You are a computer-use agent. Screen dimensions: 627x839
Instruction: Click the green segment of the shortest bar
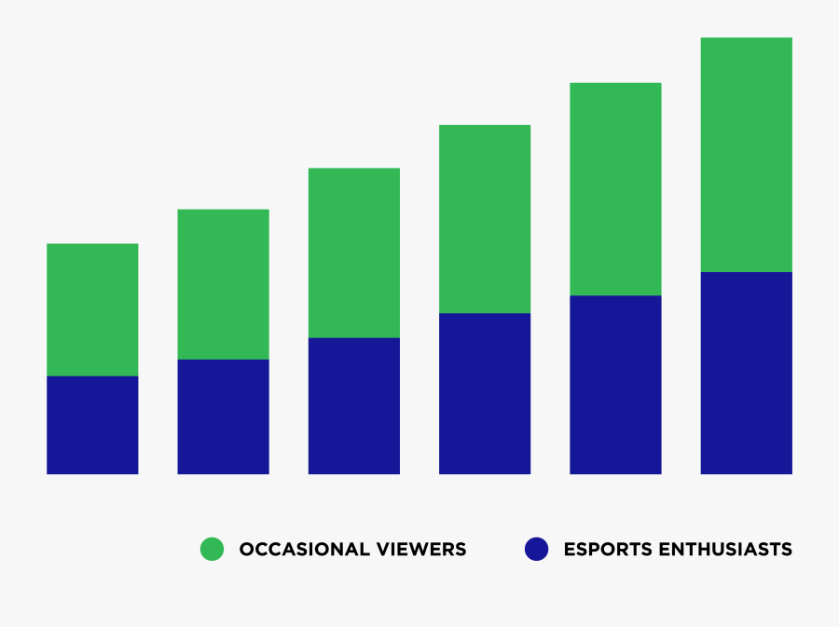click(92, 309)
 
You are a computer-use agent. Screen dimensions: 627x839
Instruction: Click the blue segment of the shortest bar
click(92, 425)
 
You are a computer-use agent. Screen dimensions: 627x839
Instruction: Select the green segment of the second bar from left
click(223, 284)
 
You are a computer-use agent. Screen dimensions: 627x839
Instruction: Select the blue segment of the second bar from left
click(223, 416)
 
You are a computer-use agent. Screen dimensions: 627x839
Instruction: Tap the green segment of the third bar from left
click(354, 252)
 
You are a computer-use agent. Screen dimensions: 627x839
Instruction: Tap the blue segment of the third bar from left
click(354, 405)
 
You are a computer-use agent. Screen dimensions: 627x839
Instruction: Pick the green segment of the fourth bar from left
click(485, 219)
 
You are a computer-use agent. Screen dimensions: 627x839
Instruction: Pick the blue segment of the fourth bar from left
click(485, 393)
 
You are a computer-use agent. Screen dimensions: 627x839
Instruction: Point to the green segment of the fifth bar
click(615, 189)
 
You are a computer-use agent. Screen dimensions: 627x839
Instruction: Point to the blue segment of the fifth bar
click(615, 385)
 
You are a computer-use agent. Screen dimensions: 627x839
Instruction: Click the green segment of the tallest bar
click(746, 155)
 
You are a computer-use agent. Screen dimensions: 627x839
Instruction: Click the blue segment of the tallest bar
click(746, 373)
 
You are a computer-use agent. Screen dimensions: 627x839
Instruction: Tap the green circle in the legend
click(213, 549)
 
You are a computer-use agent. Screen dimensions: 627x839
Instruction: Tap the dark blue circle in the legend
click(536, 549)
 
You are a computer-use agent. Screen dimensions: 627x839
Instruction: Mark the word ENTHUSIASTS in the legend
click(726, 550)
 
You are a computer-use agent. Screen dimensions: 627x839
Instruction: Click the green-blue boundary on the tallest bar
click(746, 272)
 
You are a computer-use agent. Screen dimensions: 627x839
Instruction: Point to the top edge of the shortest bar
click(92, 244)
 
